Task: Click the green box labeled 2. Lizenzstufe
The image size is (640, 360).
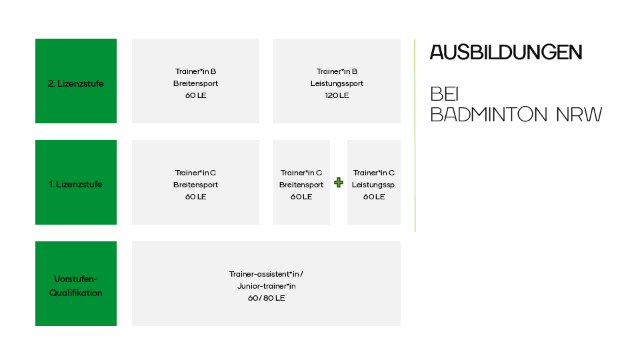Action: tap(76, 81)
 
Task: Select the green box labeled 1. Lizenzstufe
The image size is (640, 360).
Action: tap(76, 182)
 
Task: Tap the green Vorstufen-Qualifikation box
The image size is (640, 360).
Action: tap(76, 283)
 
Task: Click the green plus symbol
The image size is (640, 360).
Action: tap(339, 183)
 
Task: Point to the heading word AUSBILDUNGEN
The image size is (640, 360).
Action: tap(506, 53)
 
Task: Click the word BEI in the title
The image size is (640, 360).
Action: tap(445, 94)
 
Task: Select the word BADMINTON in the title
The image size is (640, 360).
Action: tap(489, 115)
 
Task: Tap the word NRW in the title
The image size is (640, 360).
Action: tap(579, 115)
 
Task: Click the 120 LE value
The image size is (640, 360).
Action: tap(337, 95)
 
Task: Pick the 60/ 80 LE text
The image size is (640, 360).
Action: tap(266, 298)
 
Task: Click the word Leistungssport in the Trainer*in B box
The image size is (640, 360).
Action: tap(337, 83)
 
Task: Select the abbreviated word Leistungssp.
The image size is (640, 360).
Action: tap(374, 185)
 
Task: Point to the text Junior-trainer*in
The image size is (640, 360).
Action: tap(266, 286)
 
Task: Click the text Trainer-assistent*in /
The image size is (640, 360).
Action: tap(266, 274)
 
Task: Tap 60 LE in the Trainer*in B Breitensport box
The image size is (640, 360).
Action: tap(195, 95)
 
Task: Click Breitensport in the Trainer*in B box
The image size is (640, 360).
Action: tap(195, 83)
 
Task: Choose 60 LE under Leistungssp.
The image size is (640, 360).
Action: tap(374, 197)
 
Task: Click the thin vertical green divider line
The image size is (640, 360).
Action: tap(415, 135)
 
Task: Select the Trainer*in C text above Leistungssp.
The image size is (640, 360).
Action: tap(374, 173)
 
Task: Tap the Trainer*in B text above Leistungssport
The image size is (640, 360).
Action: tap(337, 71)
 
